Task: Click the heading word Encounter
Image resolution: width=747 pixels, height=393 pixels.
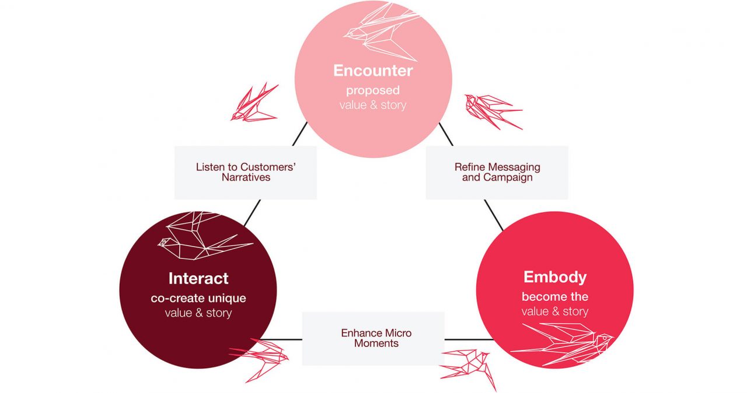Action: click(x=373, y=71)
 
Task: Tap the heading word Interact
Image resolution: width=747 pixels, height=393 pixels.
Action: click(x=198, y=279)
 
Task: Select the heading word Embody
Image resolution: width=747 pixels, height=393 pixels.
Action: click(x=555, y=277)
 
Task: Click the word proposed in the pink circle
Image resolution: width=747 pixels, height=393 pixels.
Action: click(x=373, y=90)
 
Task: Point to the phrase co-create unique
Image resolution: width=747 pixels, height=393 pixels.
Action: click(x=198, y=298)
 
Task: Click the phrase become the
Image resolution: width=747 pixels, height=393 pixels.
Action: click(x=555, y=297)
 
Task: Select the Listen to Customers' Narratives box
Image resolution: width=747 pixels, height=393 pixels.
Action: click(x=246, y=173)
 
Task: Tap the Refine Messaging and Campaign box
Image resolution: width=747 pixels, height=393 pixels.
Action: click(x=497, y=173)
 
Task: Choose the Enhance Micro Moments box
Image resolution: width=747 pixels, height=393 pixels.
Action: click(x=373, y=338)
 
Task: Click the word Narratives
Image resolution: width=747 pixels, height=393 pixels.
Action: click(x=246, y=177)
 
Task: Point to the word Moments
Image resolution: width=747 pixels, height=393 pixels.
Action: click(x=376, y=343)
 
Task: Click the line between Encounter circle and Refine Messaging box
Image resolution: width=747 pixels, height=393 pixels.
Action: click(x=446, y=134)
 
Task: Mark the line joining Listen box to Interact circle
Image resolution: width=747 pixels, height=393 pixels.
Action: click(x=253, y=213)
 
